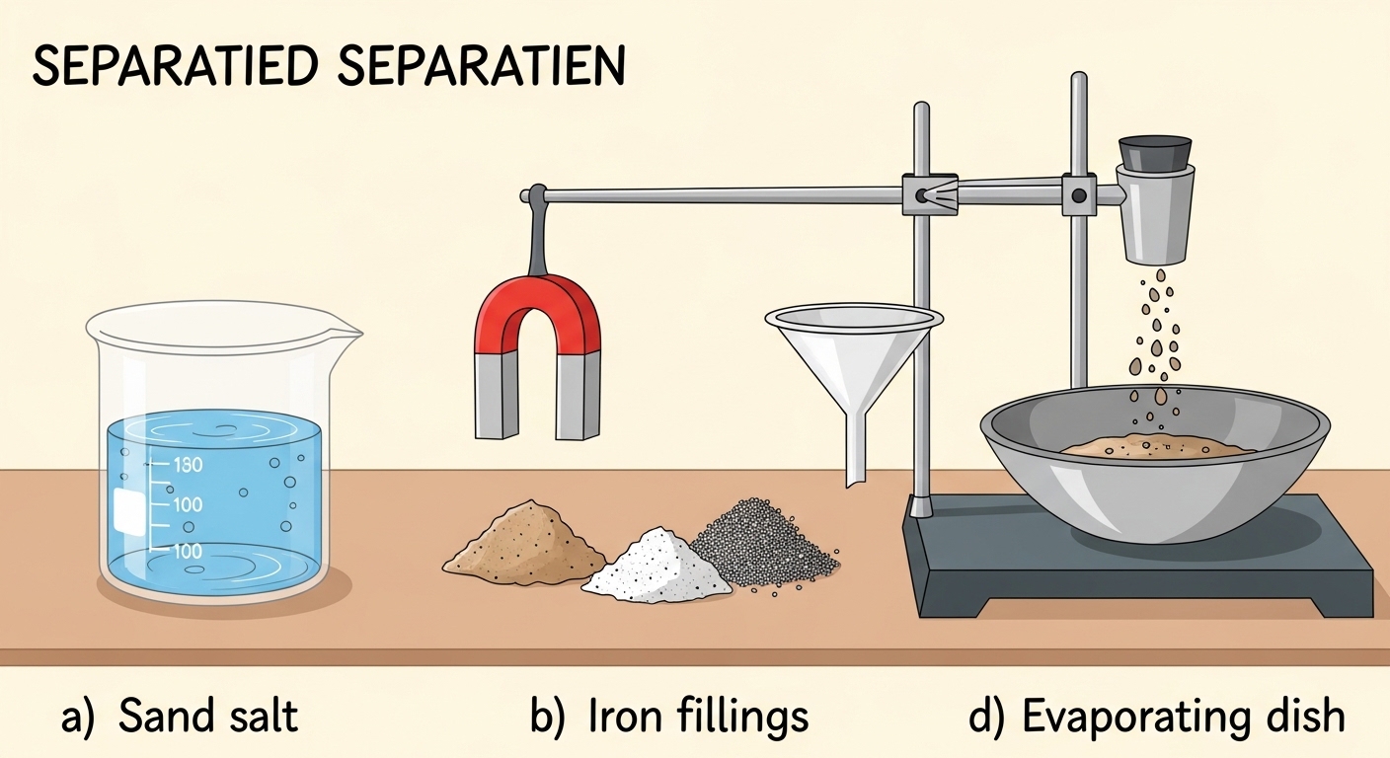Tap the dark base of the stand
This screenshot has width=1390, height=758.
1135,582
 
